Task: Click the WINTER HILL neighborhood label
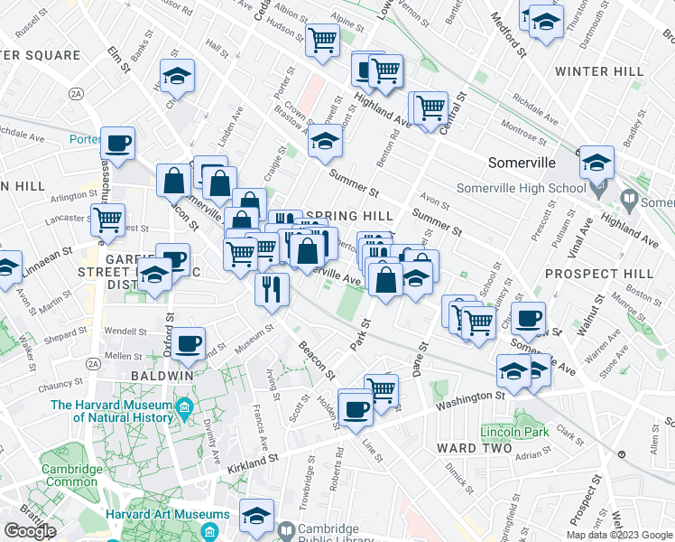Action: click(599, 71)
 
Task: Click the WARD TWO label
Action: click(467, 448)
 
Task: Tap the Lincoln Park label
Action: click(516, 433)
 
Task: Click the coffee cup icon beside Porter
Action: click(117, 143)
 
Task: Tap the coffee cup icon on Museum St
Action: click(189, 342)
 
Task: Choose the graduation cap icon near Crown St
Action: click(325, 142)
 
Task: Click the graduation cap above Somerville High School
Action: click(596, 162)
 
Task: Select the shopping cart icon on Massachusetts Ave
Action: click(108, 219)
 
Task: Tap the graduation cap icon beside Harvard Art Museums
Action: click(256, 513)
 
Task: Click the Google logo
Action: click(30, 531)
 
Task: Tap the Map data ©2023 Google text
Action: click(619, 535)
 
